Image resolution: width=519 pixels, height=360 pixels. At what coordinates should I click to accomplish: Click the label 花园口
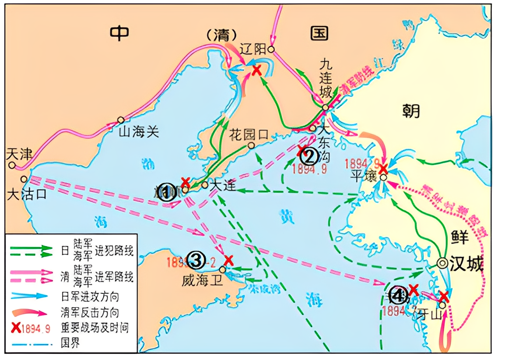(x=248, y=134)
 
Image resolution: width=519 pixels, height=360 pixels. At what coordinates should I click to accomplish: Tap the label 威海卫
(x=203, y=281)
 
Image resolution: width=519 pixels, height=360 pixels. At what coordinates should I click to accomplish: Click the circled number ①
(x=166, y=192)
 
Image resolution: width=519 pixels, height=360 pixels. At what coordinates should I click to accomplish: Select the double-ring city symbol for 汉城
(x=442, y=263)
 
